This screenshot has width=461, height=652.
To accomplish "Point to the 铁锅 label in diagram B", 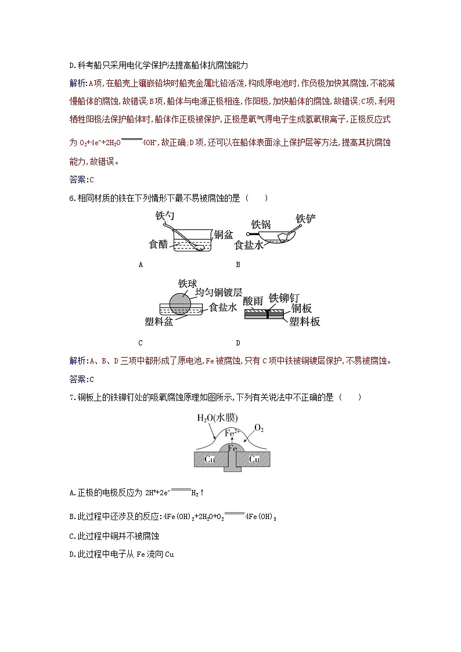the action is (x=261, y=224).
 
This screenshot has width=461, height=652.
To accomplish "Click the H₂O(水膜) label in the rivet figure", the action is (x=217, y=418).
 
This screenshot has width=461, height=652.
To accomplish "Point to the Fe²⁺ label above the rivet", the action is (x=232, y=433).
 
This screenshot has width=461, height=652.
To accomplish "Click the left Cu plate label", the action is (x=210, y=459).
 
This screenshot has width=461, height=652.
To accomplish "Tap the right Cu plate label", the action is (x=254, y=459).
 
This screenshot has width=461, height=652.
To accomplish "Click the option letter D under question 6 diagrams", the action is (x=237, y=343).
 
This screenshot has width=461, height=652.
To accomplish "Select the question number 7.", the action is (x=71, y=397).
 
